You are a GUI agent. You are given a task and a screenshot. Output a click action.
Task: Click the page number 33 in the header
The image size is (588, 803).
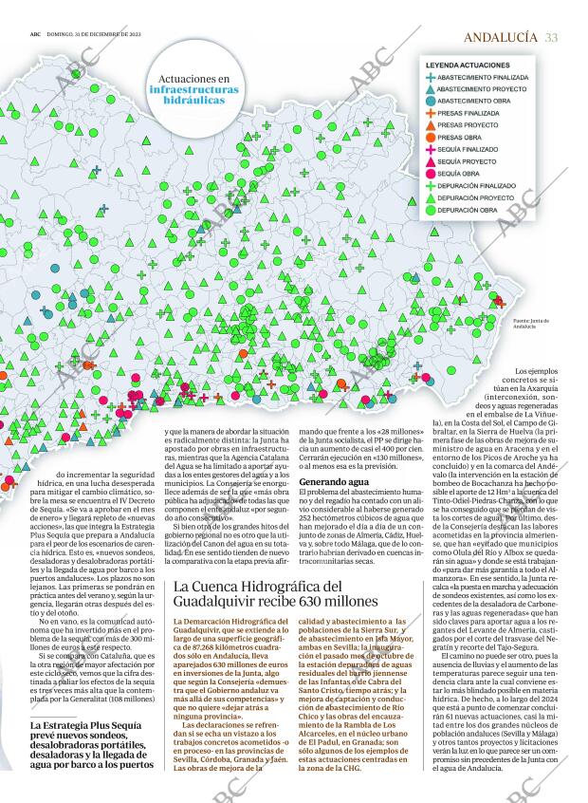(x=552, y=37)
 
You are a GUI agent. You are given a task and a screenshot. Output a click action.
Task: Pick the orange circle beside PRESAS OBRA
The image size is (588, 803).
(x=432, y=137)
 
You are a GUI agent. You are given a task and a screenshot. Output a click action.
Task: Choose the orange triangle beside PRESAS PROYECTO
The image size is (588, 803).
(x=432, y=124)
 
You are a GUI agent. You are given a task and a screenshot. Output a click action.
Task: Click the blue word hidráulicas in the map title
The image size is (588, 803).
(x=194, y=99)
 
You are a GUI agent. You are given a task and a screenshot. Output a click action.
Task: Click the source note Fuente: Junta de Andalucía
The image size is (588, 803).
(x=531, y=326)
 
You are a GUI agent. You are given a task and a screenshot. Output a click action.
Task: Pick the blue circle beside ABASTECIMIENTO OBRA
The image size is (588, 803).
(x=432, y=100)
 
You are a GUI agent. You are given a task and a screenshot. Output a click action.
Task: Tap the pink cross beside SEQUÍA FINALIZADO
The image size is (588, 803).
(x=432, y=149)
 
